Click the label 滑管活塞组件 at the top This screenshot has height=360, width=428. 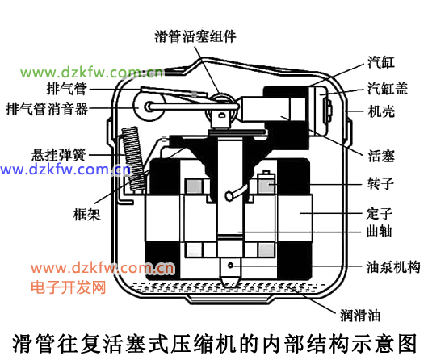click(195, 36)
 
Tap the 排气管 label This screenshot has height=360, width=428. click(67, 89)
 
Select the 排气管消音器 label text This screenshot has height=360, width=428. click(47, 109)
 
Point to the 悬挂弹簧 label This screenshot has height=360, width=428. click(59, 155)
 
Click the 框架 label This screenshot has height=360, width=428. click(87, 214)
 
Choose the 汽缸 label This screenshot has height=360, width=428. click(381, 62)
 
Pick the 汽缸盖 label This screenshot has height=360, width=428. click(388, 88)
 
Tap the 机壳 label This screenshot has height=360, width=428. click(381, 111)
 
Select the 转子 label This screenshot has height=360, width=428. click(381, 183)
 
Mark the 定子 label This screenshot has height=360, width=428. click(380, 213)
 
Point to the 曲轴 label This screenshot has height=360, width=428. click(379, 231)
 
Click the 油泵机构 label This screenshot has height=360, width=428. click(393, 267)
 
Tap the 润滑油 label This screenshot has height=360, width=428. click(360, 316)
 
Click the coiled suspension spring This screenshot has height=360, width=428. click(134, 160)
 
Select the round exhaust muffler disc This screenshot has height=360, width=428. click(149, 107)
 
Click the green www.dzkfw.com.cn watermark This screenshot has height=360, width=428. click(92, 73)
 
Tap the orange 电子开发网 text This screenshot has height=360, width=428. click(69, 287)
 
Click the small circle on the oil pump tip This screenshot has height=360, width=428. click(231, 265)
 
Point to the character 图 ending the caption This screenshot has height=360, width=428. click(407, 343)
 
